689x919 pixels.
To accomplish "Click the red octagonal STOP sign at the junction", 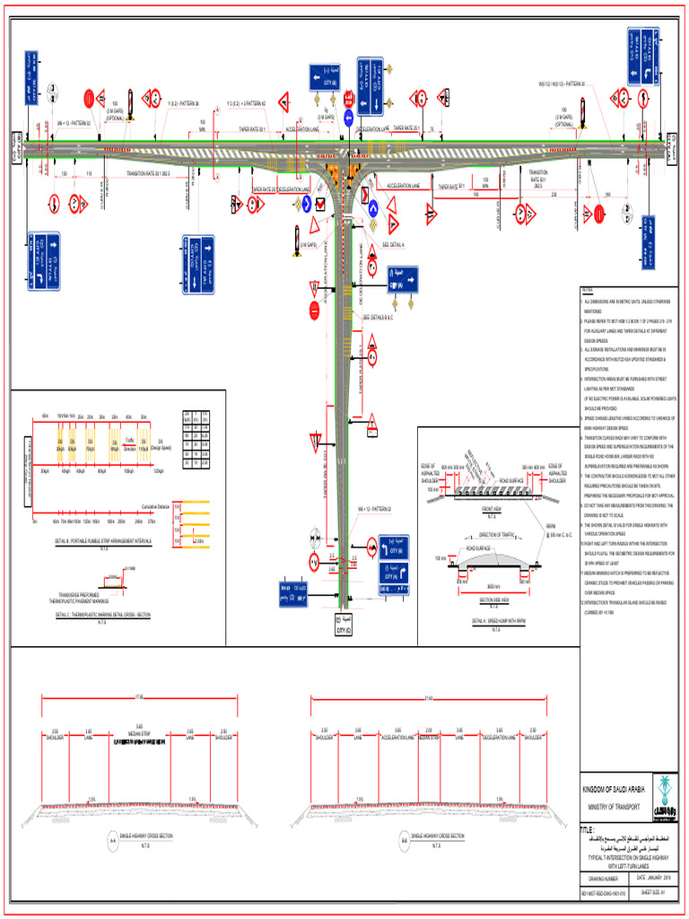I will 348,99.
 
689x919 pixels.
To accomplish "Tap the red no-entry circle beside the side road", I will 314,311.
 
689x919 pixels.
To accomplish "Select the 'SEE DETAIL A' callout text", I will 393,244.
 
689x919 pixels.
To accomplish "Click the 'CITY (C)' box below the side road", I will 344,626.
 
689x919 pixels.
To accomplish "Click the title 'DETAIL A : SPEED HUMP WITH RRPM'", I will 492,620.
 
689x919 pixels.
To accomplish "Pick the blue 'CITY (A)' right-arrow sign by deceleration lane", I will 403,279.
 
